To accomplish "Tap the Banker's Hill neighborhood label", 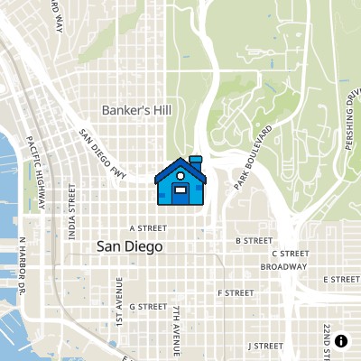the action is [135, 109].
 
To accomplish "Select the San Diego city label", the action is [130, 245].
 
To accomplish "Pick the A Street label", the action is [143, 228].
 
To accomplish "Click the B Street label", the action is [254, 241].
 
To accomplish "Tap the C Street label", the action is [291, 254].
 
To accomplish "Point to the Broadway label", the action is [283, 267].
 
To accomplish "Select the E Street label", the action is [341, 280].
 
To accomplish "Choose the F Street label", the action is [236, 292].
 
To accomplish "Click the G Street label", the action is [148, 306].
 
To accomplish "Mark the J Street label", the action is [265, 345].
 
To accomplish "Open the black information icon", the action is [341, 340].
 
